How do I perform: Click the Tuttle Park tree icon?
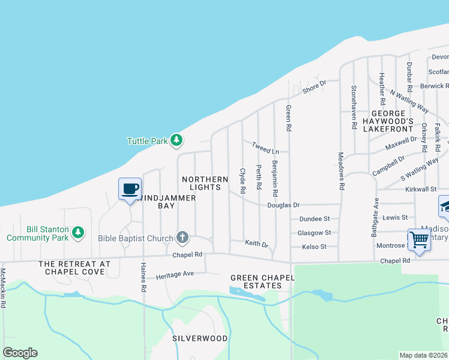click(176, 140)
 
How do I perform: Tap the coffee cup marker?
click(130, 189)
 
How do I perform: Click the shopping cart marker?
click(419, 240)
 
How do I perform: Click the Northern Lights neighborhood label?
click(205, 184)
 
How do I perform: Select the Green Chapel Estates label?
click(256, 281)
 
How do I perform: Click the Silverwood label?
click(200, 338)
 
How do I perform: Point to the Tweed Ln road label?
click(265, 147)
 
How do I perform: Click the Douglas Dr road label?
click(283, 205)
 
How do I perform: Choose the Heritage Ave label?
click(175, 274)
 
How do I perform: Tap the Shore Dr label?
click(314, 86)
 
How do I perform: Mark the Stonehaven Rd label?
click(354, 99)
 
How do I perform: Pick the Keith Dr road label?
click(256, 243)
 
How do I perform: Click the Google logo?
click(20, 353)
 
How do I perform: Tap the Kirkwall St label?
click(420, 189)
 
